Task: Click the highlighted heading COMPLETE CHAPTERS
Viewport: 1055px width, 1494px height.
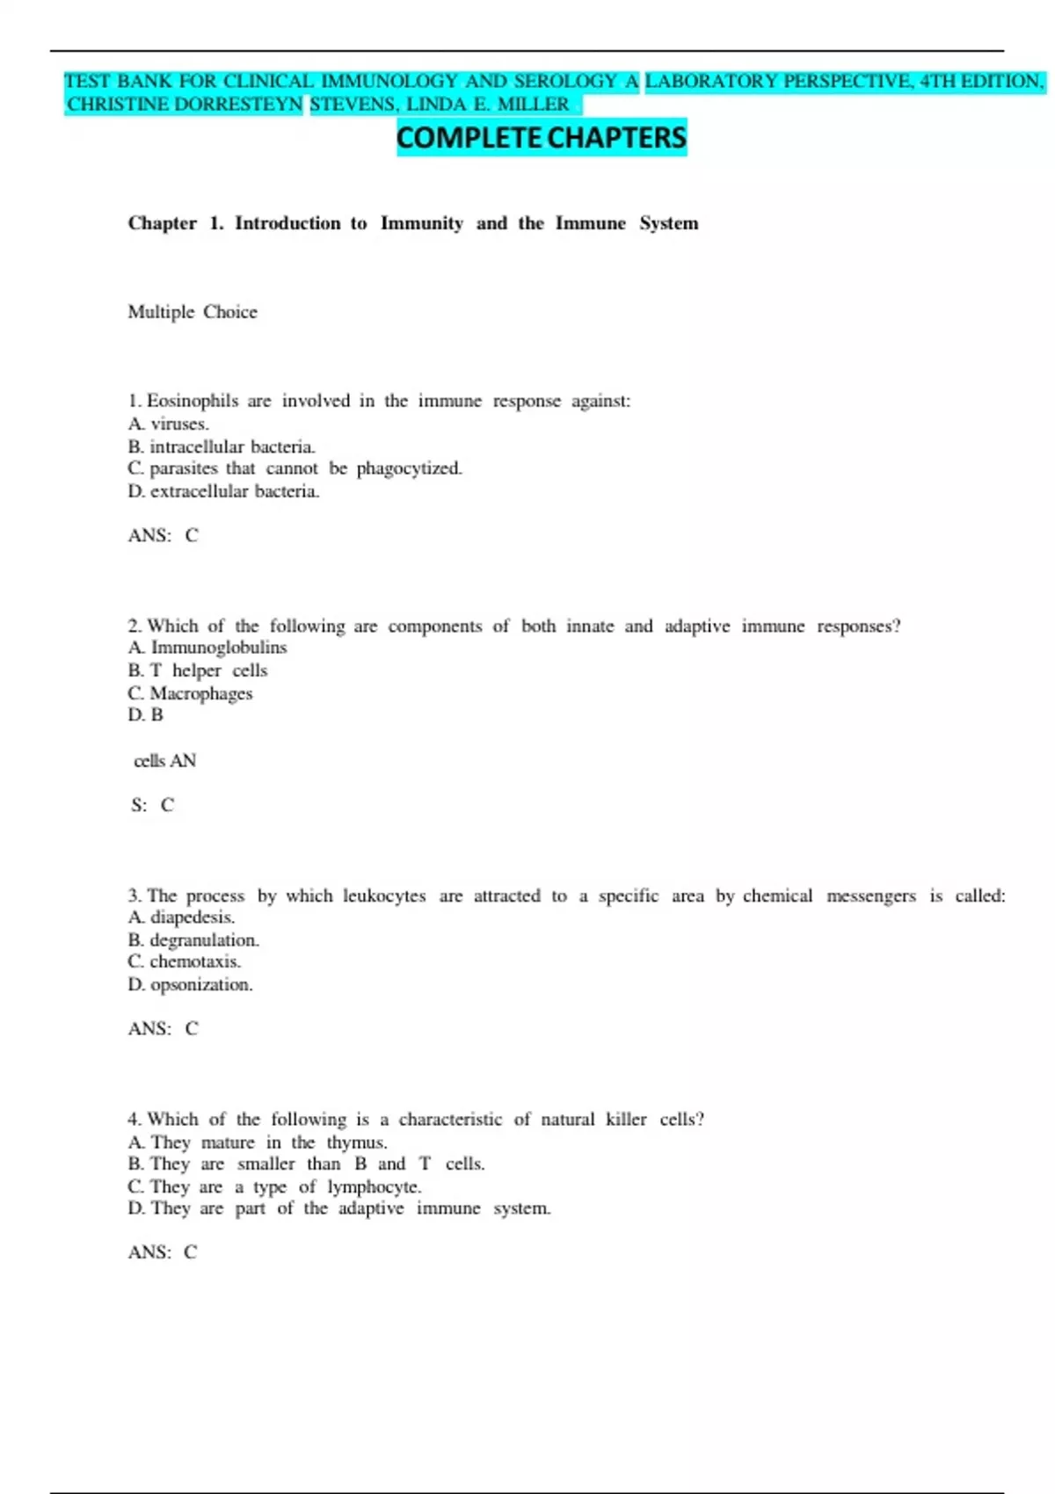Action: click(x=541, y=138)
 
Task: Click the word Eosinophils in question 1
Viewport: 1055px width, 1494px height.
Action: click(x=193, y=402)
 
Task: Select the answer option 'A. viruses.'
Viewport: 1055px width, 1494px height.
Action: click(x=169, y=424)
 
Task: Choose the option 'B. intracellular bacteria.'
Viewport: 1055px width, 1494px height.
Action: click(x=222, y=446)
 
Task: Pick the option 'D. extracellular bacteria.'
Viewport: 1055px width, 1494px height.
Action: click(x=223, y=491)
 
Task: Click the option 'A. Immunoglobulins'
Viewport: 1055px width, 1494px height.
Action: click(x=207, y=648)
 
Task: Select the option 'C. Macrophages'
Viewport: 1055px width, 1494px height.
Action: click(x=190, y=693)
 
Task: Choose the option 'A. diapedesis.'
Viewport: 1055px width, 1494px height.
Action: click(x=181, y=917)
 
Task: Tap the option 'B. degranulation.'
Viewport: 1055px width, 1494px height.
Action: click(x=193, y=940)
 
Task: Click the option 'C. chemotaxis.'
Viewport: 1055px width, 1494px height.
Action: click(x=184, y=961)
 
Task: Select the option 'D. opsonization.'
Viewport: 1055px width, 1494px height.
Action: click(x=190, y=984)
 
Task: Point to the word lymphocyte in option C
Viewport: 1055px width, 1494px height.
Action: click(x=374, y=1187)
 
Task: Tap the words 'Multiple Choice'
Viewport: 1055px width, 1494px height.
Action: click(x=193, y=312)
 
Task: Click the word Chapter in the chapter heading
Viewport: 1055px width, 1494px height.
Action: click(x=163, y=223)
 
